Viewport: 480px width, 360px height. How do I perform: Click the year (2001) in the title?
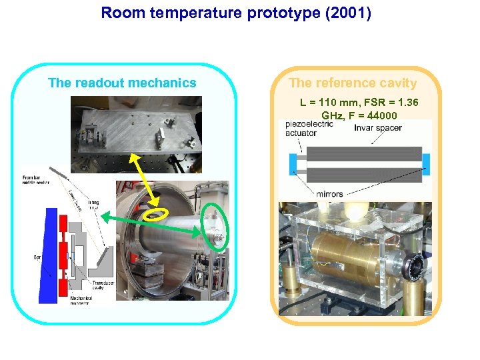pyautogui.click(x=350, y=13)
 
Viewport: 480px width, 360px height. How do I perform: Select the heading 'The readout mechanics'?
pyautogui.click(x=122, y=83)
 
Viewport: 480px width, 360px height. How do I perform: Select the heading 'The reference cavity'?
pyautogui.click(x=353, y=83)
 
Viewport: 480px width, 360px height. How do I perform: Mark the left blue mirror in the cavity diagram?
pyautogui.click(x=293, y=164)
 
